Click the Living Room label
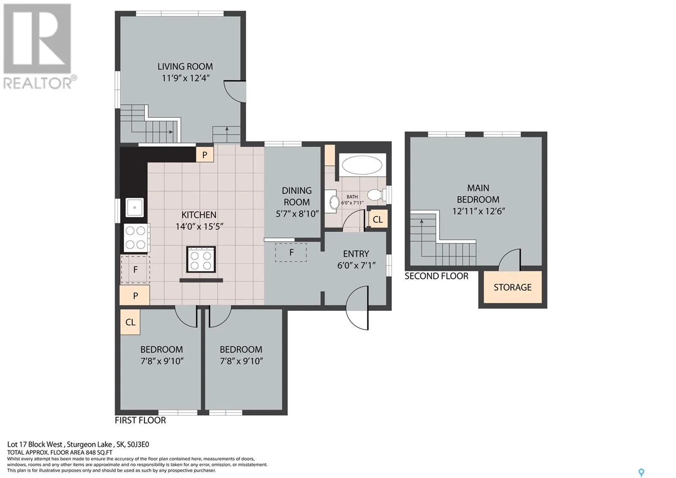coord(185,66)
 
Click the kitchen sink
coord(134,208)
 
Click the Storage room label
coord(512,287)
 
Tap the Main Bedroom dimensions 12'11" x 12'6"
coord(478,211)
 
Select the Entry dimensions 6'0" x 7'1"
coord(356,265)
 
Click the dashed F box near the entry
coord(291,252)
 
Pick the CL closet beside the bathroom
coord(378,220)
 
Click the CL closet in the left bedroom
coord(130,322)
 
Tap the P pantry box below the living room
coord(204,155)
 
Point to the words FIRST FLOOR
coord(140,420)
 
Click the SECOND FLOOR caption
coord(436,276)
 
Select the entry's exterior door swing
coord(357,308)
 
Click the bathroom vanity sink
coord(334,202)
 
